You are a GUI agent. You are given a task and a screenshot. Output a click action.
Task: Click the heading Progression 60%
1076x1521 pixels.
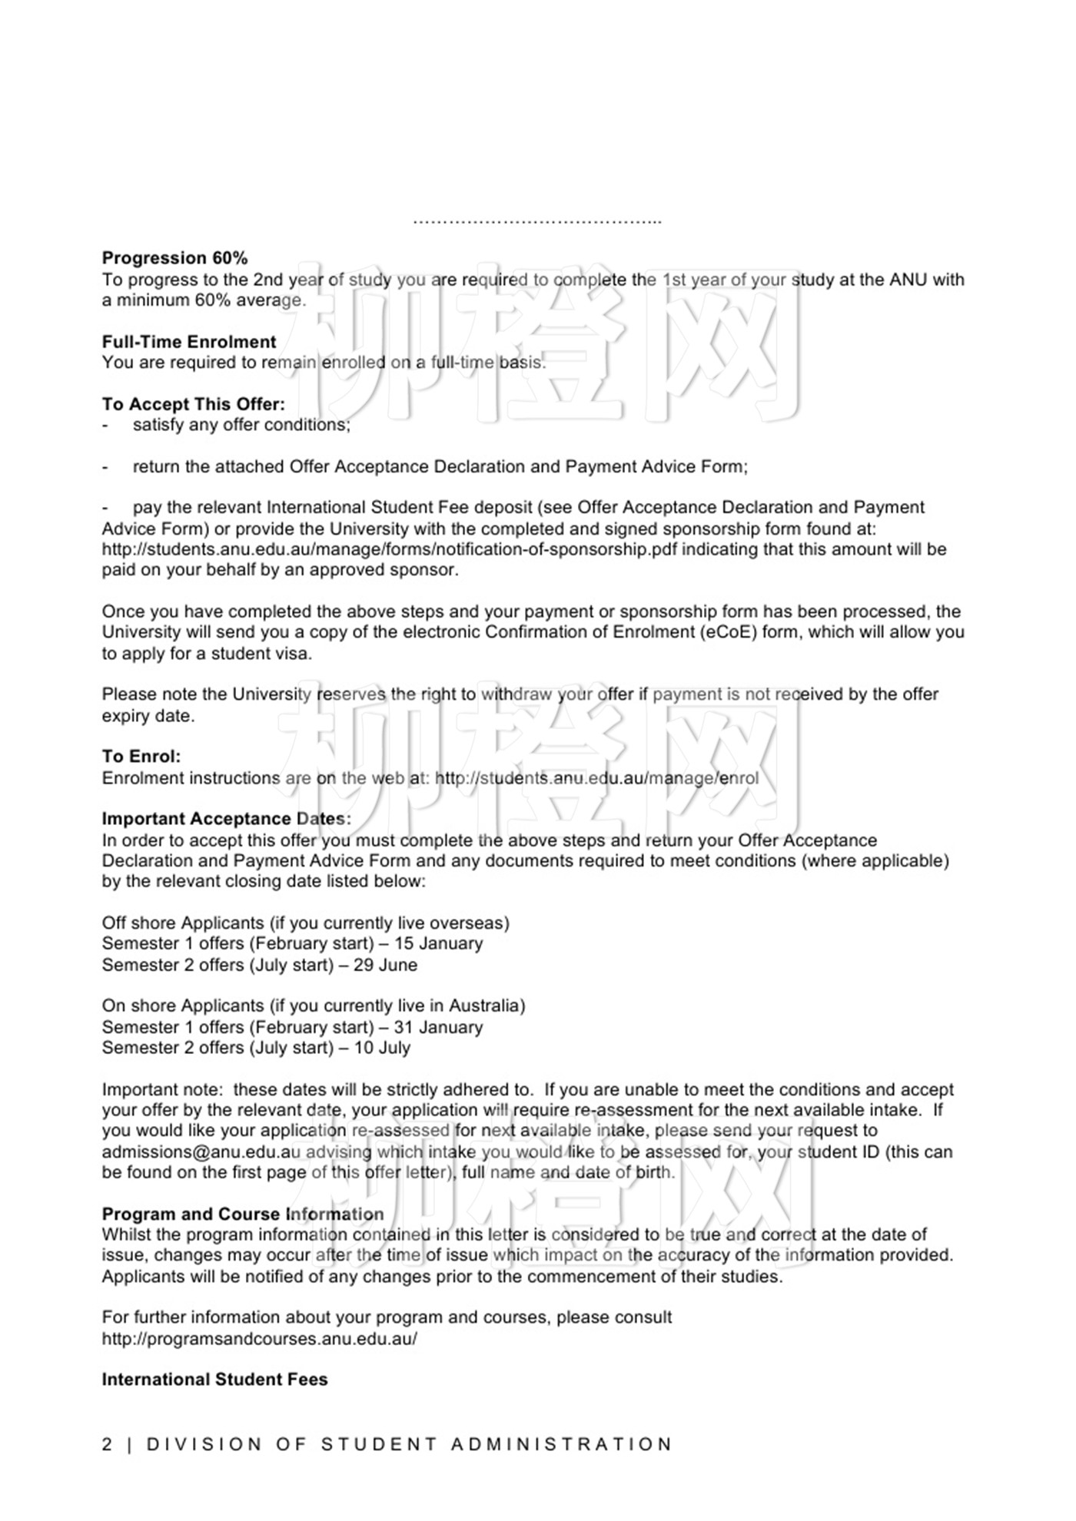[174, 258]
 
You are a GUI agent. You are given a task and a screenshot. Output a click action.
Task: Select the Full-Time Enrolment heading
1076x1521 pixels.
[189, 342]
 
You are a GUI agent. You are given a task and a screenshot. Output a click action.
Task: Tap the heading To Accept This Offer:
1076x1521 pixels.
[193, 404]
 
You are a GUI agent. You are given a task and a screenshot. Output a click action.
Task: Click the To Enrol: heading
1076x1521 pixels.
[141, 757]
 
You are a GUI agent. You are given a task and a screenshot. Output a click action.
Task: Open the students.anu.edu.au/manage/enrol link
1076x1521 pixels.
[596, 778]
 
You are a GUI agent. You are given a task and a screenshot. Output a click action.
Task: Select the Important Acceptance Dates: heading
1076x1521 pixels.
[226, 819]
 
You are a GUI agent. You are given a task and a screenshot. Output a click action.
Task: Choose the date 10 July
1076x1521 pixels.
[382, 1049]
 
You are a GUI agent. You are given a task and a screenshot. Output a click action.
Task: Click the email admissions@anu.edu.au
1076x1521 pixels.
[201, 1152]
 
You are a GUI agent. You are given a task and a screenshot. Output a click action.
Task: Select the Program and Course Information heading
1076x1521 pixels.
[243, 1214]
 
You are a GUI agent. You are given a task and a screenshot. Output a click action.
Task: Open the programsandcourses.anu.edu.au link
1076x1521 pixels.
[259, 1339]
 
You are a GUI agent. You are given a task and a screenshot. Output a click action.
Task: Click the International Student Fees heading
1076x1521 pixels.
[214, 1380]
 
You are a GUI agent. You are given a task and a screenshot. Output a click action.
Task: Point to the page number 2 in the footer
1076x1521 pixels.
[107, 1444]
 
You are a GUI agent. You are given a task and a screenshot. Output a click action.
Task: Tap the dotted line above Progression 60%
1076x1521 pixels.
[537, 222]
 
